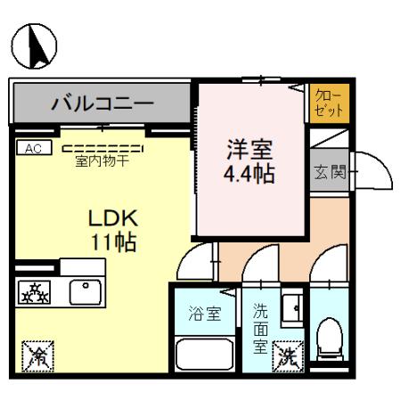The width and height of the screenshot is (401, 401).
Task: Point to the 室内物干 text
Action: coord(103,161)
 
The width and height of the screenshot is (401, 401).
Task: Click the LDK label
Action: coord(111,218)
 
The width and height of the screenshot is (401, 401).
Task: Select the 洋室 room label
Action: coord(248,148)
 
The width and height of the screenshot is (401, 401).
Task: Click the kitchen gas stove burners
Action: coord(35,291)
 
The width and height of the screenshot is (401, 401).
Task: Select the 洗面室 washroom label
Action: coord(261,327)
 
